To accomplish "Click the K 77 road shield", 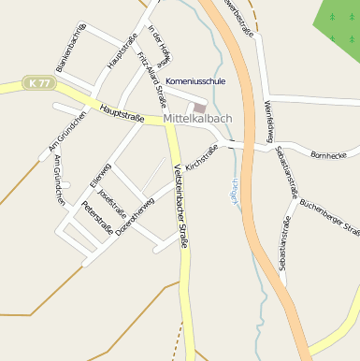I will coord(40,83).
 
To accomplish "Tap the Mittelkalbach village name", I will coord(199,120).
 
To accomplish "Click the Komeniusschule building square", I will coord(200,108).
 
